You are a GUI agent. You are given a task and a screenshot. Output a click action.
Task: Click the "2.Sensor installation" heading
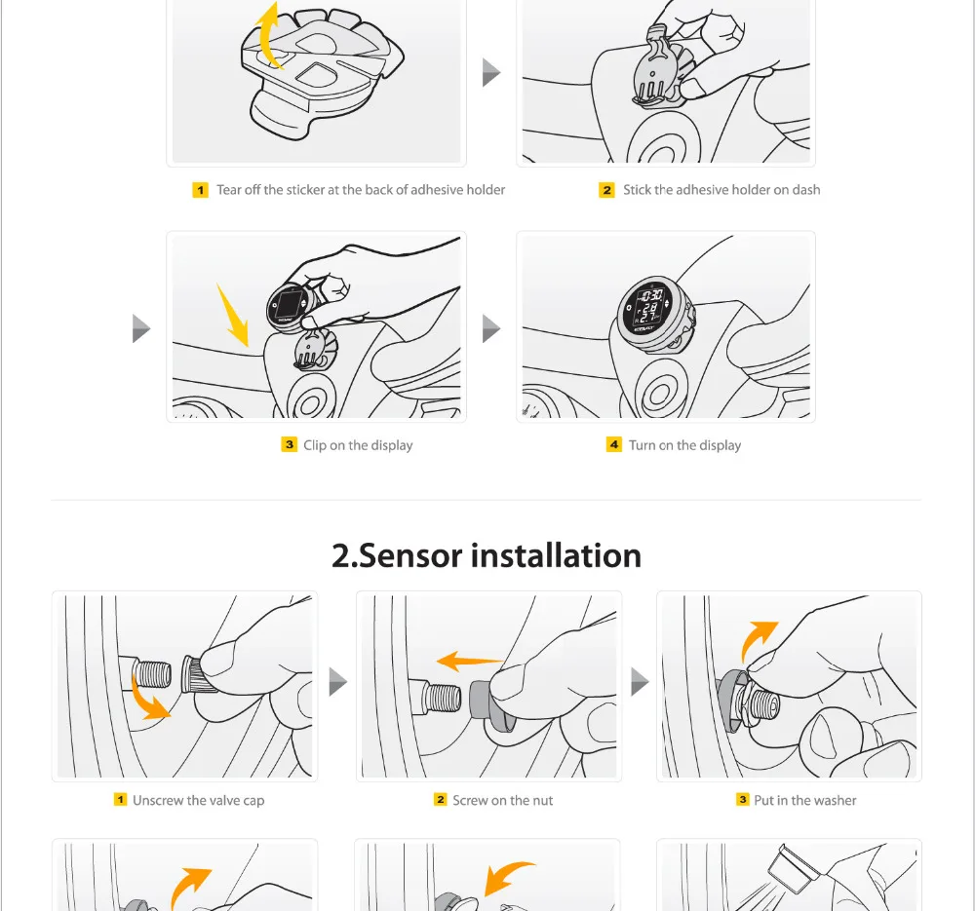pos(487,555)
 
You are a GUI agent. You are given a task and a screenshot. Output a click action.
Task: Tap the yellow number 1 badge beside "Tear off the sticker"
pos(200,190)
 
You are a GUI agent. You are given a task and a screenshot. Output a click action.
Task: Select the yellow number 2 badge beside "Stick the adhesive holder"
pos(606,190)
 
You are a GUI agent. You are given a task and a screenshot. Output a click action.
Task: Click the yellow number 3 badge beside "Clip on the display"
pos(290,445)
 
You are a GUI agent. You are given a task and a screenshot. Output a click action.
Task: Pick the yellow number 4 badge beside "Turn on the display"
pos(613,445)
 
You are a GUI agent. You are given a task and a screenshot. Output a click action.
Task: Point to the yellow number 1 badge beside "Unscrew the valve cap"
pos(120,800)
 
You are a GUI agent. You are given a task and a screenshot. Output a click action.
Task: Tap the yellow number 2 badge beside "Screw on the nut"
pos(441,800)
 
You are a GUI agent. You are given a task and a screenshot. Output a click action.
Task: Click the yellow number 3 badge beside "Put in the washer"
pos(742,800)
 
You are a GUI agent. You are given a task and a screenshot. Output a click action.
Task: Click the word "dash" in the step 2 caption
pos(806,190)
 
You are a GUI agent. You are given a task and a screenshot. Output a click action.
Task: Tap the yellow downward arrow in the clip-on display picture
pos(233,315)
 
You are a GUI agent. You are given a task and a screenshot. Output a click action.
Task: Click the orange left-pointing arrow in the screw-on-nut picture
pos(470,661)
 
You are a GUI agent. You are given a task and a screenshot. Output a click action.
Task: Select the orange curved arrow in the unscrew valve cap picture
pos(147,701)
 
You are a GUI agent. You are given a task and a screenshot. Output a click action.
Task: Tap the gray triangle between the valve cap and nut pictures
pos(337,682)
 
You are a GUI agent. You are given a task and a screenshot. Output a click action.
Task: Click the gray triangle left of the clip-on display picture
pos(141,328)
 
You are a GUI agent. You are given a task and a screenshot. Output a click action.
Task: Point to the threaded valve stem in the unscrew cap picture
pos(152,673)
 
